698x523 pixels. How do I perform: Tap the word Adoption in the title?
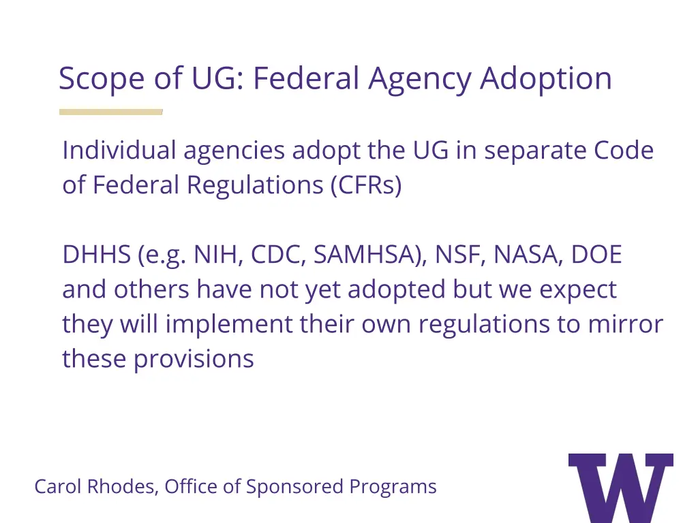pyautogui.click(x=545, y=80)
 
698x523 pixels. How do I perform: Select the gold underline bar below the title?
pyautogui.click(x=110, y=112)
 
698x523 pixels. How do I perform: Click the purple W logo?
pyautogui.click(x=620, y=487)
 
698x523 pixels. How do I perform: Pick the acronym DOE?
pyautogui.click(x=596, y=255)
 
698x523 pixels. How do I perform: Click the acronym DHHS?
pyautogui.click(x=96, y=255)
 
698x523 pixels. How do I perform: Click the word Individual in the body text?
pyautogui.click(x=119, y=150)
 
